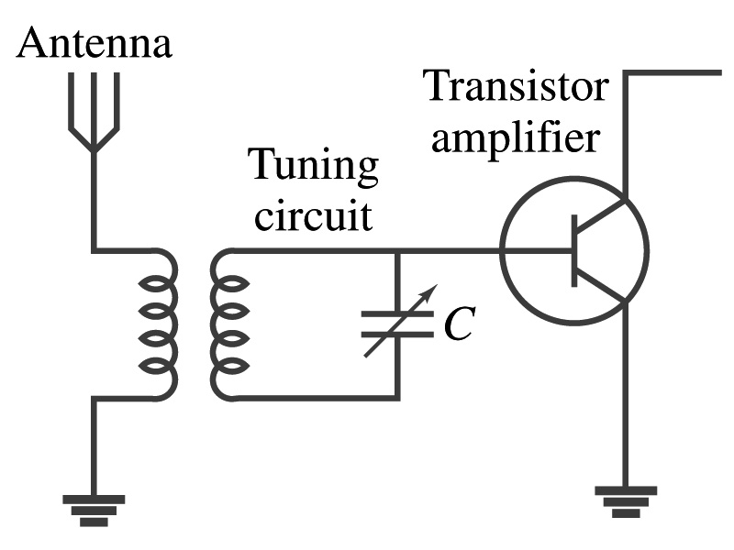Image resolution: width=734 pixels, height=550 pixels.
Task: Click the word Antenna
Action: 95,43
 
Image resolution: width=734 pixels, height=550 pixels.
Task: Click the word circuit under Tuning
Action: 313,217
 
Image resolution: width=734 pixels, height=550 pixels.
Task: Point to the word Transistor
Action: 515,89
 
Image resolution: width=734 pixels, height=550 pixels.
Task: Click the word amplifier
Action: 517,138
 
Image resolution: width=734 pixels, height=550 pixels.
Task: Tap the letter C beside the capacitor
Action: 457,323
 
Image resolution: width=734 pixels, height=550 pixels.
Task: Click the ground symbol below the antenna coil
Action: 94,509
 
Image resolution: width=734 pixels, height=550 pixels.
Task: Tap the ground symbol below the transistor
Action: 626,500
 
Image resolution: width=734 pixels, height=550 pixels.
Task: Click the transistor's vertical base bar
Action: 574,249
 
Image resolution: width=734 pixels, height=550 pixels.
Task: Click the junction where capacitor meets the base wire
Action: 397,250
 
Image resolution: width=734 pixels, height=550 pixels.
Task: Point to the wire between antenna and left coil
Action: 94,202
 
